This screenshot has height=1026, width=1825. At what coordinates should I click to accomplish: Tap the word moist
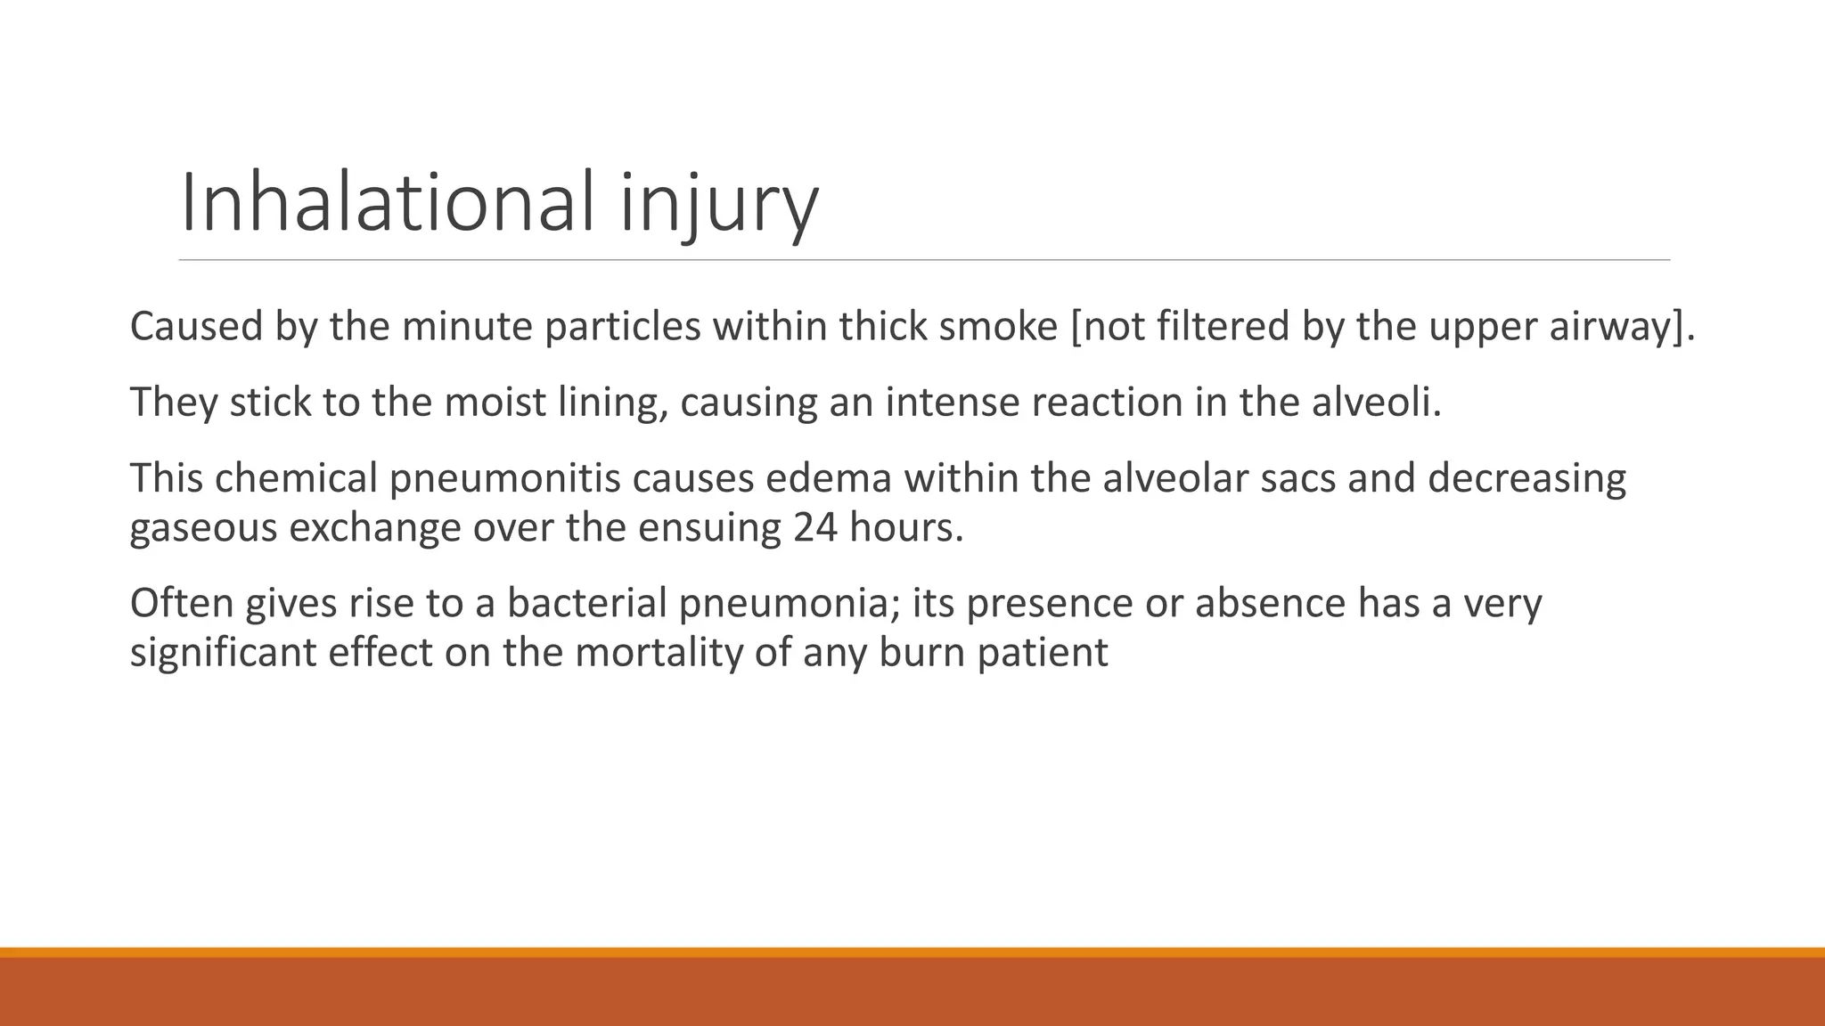pos(495,402)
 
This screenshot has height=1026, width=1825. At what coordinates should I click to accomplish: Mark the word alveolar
pos(1170,478)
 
